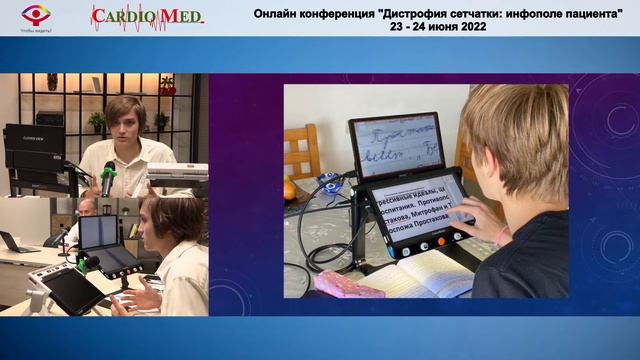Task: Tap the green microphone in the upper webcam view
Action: (107, 179)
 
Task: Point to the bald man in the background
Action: (87, 209)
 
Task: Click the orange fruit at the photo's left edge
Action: (290, 188)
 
